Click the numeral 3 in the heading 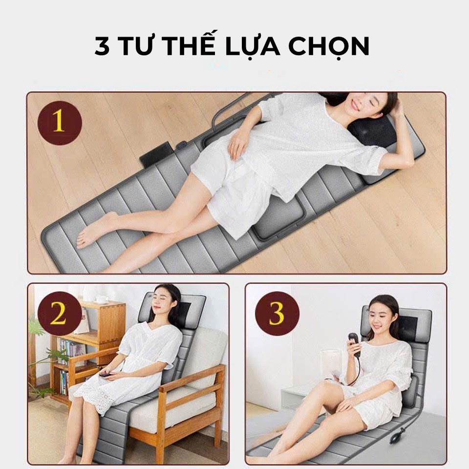click(x=102, y=46)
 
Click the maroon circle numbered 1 click(x=60, y=123)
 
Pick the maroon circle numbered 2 click(x=60, y=314)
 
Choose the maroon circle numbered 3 click(x=277, y=314)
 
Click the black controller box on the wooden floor click(x=156, y=154)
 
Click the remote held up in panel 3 click(x=354, y=344)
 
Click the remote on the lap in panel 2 click(x=106, y=374)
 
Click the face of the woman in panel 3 click(x=379, y=317)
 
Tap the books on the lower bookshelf click(x=64, y=382)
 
